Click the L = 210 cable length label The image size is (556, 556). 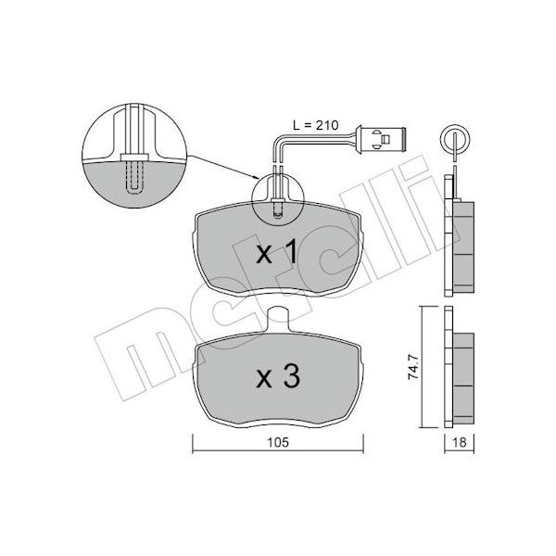pos(316,125)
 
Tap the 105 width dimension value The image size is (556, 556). pos(278,442)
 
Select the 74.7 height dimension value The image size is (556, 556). pos(413,367)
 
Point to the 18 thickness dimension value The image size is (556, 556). pos(460,442)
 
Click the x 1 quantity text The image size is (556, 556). pos(277,251)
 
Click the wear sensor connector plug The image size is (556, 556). pos(383,139)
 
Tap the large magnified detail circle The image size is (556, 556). pos(134,156)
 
